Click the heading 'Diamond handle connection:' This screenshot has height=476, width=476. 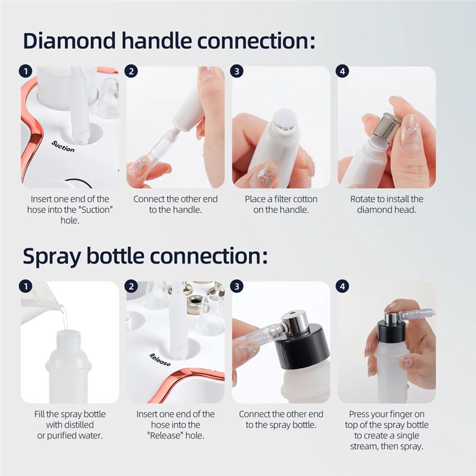(168, 42)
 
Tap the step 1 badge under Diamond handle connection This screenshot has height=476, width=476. (26, 71)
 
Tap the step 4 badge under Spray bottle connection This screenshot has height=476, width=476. (342, 286)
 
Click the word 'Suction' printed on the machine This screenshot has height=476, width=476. (63, 146)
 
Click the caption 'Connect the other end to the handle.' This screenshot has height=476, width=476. (176, 204)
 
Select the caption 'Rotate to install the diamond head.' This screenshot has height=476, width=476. (387, 204)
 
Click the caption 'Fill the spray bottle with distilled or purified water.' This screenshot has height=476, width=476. (70, 425)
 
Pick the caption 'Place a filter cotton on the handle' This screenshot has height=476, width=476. (281, 204)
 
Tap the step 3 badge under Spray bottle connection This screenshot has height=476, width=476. (237, 286)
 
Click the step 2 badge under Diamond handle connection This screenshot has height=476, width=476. (131, 71)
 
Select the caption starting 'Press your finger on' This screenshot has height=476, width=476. (387, 430)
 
